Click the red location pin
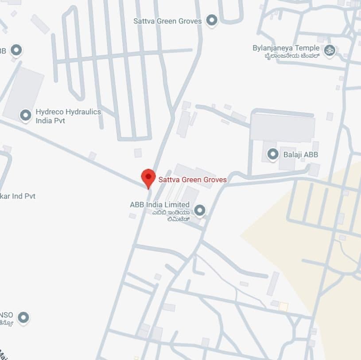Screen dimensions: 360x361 pyautogui.click(x=148, y=178)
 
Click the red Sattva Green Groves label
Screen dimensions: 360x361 pyautogui.click(x=193, y=180)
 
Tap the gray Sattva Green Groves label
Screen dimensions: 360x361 pyautogui.click(x=167, y=21)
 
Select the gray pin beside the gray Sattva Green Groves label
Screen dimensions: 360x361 pyautogui.click(x=212, y=20)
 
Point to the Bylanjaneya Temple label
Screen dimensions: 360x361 pyautogui.click(x=286, y=48)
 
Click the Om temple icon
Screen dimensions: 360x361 pyautogui.click(x=329, y=51)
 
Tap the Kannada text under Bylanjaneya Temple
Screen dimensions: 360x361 pyautogui.click(x=292, y=56)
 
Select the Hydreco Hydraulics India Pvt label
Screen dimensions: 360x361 pyautogui.click(x=68, y=116)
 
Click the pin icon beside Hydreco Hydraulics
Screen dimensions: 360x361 pyautogui.click(x=26, y=115)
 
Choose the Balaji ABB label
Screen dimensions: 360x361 pyautogui.click(x=299, y=155)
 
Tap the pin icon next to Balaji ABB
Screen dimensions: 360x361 pyautogui.click(x=273, y=154)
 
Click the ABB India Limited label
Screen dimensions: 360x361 pyautogui.click(x=159, y=204)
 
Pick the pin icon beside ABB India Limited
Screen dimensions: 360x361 pyautogui.click(x=200, y=210)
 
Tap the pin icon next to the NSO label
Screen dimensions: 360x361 pyautogui.click(x=23, y=317)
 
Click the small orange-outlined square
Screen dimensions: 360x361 pyautogui.click(x=283, y=306)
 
